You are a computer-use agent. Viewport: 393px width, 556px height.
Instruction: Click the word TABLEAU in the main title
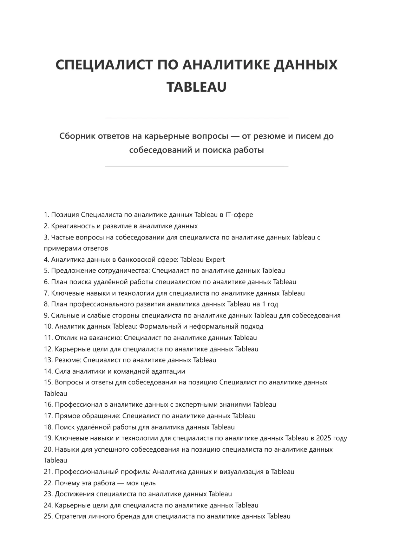[196, 87]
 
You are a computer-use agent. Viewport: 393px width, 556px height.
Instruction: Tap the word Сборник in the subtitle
[77, 136]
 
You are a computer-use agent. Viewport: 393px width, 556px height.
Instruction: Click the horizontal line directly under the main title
[196, 118]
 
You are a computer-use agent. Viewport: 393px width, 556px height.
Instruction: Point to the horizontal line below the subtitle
[196, 166]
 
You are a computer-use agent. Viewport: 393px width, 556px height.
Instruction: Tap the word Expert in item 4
[215, 259]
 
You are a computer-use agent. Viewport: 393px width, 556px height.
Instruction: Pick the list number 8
[46, 304]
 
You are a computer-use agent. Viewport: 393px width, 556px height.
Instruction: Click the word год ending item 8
[273, 304]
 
